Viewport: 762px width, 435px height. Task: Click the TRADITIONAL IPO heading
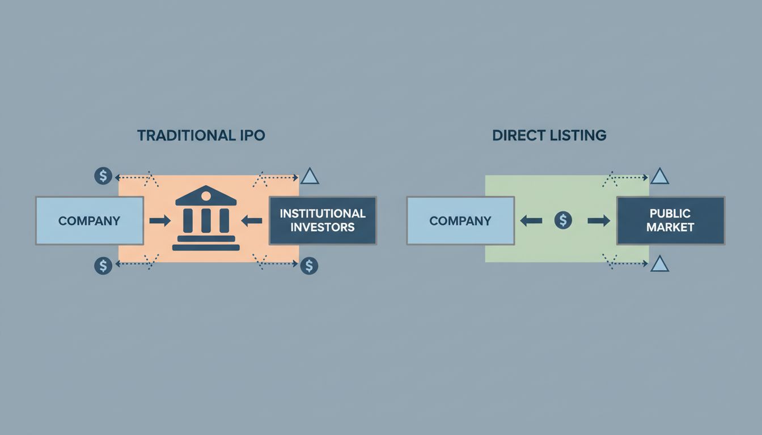[201, 135]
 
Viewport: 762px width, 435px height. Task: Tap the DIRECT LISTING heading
[549, 135]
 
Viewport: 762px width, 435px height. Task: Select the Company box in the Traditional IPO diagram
[90, 221]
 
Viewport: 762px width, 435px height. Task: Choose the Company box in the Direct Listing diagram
[460, 221]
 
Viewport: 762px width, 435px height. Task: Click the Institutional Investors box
[323, 221]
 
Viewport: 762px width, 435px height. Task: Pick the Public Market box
[670, 221]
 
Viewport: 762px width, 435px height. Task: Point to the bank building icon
[206, 218]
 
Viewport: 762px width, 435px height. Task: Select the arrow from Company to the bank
[160, 221]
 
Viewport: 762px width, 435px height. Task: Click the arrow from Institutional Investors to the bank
[252, 221]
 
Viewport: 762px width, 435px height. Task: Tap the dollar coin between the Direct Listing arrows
[563, 221]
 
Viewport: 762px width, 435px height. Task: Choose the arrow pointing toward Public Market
[599, 221]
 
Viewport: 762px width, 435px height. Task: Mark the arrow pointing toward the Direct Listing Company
[531, 221]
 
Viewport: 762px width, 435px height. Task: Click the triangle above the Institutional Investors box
[310, 177]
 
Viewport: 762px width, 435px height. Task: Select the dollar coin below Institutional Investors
[309, 266]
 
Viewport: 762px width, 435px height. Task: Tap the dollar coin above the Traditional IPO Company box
[103, 176]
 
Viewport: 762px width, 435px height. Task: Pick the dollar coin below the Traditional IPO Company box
[103, 266]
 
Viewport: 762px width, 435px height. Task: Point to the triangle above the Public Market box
[659, 177]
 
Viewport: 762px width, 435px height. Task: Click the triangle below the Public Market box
[659, 264]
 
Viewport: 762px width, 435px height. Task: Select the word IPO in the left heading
[252, 135]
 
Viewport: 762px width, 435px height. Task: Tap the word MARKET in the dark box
[670, 228]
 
